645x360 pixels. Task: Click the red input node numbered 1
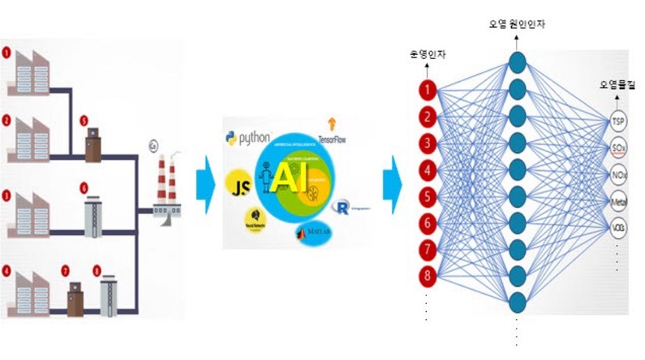click(x=427, y=90)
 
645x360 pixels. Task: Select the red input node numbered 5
click(x=427, y=196)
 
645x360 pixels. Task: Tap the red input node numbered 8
click(x=427, y=276)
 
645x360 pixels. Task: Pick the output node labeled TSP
click(x=618, y=122)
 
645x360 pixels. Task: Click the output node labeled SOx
click(x=618, y=148)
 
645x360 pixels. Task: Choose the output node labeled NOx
click(x=618, y=175)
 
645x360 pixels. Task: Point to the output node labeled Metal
click(x=618, y=202)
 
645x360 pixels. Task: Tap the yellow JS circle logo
click(x=237, y=183)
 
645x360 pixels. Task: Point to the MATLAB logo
click(x=312, y=232)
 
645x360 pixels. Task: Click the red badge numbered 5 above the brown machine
click(x=84, y=122)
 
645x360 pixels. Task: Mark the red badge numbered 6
click(x=84, y=188)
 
